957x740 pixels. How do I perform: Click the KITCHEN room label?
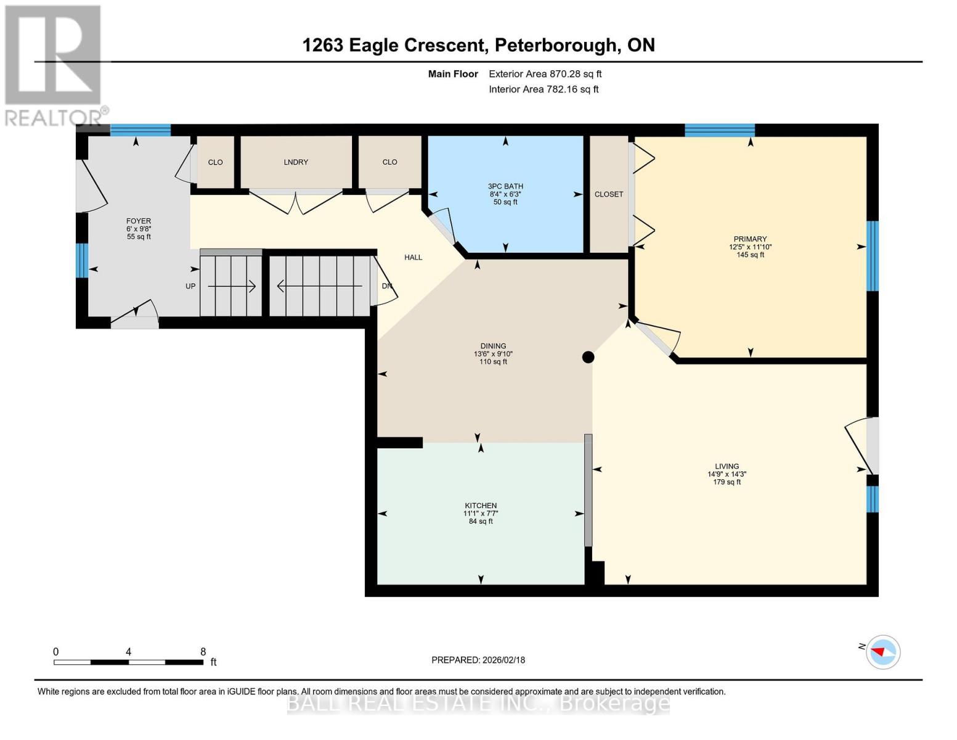tap(481, 506)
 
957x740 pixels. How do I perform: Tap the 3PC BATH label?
tap(505, 186)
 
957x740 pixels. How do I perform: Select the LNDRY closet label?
tap(296, 162)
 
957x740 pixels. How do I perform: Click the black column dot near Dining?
tap(588, 357)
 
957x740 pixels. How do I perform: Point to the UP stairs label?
tap(190, 286)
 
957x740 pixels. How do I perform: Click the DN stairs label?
tap(386, 286)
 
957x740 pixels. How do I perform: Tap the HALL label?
tap(413, 257)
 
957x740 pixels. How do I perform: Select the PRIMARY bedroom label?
tap(750, 239)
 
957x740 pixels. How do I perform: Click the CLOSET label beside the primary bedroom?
tap(609, 194)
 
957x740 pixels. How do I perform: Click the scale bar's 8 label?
tap(203, 652)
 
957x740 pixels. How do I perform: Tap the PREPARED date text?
tap(478, 660)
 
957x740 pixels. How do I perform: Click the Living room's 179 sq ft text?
tap(727, 482)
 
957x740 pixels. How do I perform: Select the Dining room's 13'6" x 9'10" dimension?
tap(493, 354)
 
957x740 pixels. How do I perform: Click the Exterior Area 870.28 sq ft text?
tap(545, 74)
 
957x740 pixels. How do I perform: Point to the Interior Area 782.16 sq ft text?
tap(544, 89)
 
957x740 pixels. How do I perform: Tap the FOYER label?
tap(139, 221)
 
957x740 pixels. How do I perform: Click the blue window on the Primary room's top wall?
tap(720, 129)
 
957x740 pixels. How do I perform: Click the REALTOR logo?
tap(54, 65)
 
